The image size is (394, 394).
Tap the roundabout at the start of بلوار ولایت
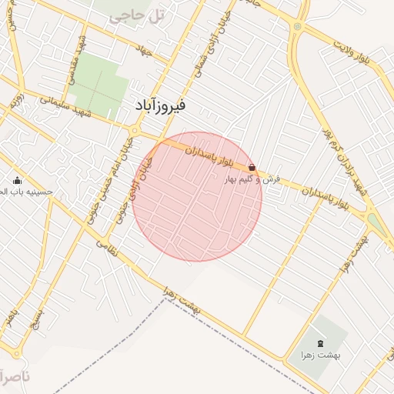pyautogui.click(x=297, y=27)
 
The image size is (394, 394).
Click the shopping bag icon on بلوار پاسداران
pyautogui.click(x=252, y=167)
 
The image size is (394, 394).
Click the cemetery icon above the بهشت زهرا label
pyautogui.click(x=320, y=343)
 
